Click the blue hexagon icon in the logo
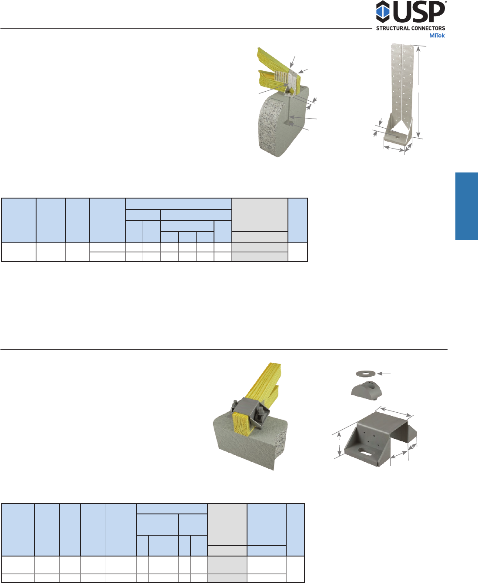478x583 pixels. pyautogui.click(x=383, y=11)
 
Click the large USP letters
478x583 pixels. pyautogui.click(x=419, y=11)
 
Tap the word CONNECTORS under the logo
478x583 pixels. pyautogui.click(x=428, y=28)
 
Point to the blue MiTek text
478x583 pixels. pyautogui.click(x=437, y=36)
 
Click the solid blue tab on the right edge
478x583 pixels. pyautogui.click(x=467, y=206)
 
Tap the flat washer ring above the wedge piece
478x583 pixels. pyautogui.click(x=365, y=374)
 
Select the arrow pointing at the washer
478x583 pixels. pyautogui.click(x=384, y=374)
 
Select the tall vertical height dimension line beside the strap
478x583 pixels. pyautogui.click(x=418, y=92)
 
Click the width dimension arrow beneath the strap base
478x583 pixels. pyautogui.click(x=394, y=149)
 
